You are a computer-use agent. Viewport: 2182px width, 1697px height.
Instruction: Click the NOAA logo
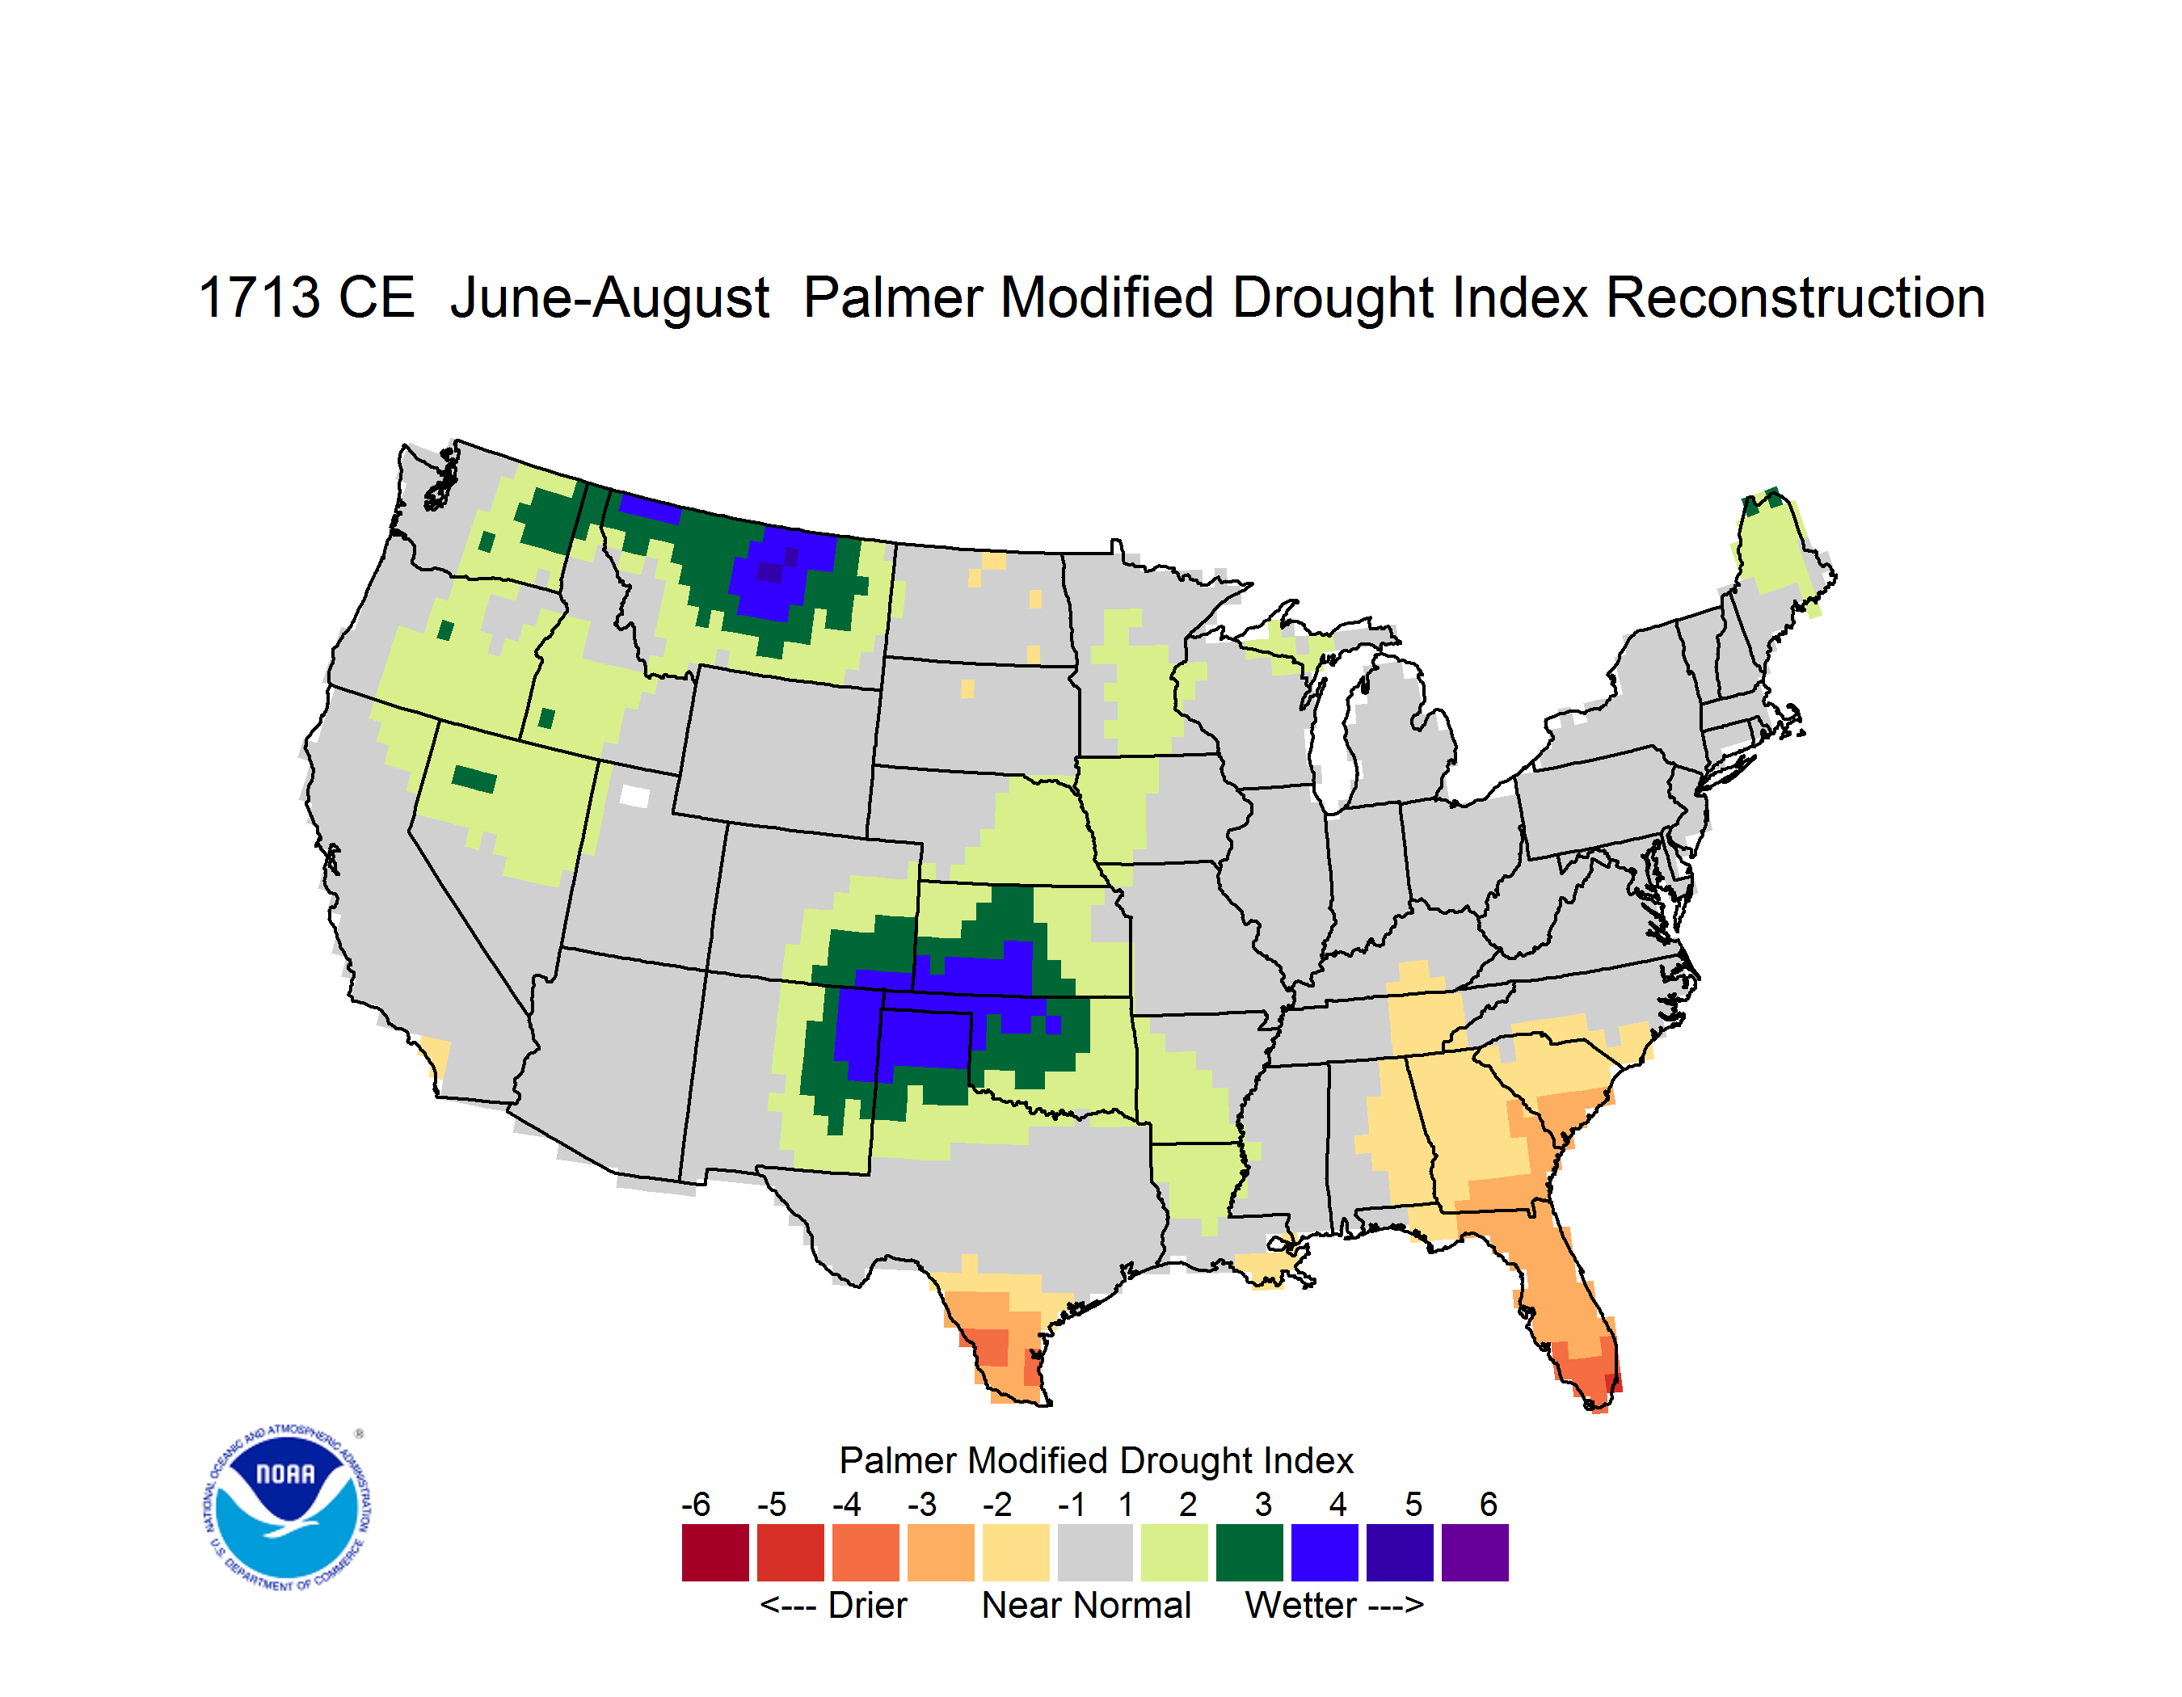tap(287, 1508)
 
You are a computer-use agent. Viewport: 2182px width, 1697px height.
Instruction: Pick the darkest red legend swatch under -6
tap(715, 1552)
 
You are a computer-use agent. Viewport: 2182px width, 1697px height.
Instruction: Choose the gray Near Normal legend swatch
tap(1095, 1552)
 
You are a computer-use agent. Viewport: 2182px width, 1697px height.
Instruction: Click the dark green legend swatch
tap(1249, 1552)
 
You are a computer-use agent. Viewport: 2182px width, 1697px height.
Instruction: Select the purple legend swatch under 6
tap(1475, 1552)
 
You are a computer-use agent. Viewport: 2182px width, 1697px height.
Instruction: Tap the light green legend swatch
tap(1174, 1552)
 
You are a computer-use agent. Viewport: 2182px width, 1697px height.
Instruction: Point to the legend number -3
tap(922, 1504)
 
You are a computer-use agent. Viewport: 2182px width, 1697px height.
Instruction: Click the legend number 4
tap(1337, 1504)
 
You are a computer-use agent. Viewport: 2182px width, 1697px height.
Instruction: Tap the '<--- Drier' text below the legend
tap(833, 1605)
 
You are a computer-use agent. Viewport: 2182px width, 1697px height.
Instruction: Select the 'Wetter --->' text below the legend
tap(1333, 1605)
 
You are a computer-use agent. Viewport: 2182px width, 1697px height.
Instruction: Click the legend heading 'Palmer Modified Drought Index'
tap(1096, 1460)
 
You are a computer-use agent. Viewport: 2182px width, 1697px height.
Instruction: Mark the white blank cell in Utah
tap(634, 796)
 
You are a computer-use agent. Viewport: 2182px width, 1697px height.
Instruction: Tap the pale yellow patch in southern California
tap(435, 1055)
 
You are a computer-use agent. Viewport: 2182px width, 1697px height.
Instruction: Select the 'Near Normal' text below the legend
tap(1086, 1605)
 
